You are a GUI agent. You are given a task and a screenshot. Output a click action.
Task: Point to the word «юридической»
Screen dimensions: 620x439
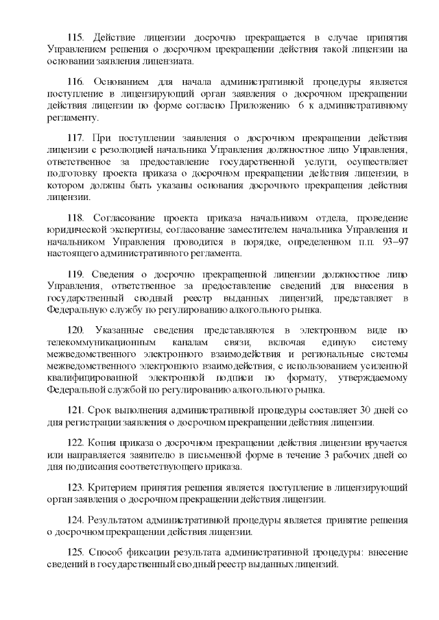pyautogui.click(x=75, y=229)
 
